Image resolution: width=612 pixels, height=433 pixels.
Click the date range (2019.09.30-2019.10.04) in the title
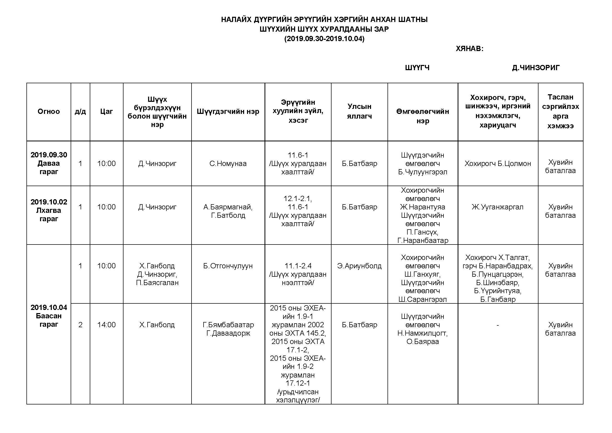pyautogui.click(x=324, y=39)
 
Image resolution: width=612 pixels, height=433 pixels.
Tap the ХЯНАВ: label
pyautogui.click(x=469, y=48)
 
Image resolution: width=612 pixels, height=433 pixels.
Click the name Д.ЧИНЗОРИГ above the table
pyautogui.click(x=536, y=68)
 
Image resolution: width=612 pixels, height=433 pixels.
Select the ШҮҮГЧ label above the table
pyautogui.click(x=417, y=68)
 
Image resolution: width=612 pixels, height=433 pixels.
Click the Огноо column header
pyautogui.click(x=48, y=112)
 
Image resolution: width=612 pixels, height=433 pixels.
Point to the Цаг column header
pyautogui.click(x=106, y=112)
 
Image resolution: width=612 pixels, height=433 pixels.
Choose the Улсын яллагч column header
pyautogui.click(x=359, y=111)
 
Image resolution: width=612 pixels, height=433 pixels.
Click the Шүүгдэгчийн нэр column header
pyautogui.click(x=228, y=112)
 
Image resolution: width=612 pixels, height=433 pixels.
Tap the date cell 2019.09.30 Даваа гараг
pyautogui.click(x=48, y=163)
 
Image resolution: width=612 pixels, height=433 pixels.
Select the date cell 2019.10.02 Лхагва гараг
pyautogui.click(x=48, y=210)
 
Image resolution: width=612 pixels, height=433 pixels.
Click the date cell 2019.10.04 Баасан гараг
pyautogui.click(x=48, y=316)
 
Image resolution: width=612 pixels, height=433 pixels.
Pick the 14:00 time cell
pyautogui.click(x=106, y=325)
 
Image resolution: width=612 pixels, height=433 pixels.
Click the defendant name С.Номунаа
pyautogui.click(x=228, y=163)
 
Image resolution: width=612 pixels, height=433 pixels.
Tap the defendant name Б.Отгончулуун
pyautogui.click(x=228, y=266)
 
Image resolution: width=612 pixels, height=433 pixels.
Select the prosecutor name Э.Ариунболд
pyautogui.click(x=359, y=266)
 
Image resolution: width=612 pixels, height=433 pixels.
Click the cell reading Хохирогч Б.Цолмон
pyautogui.click(x=498, y=163)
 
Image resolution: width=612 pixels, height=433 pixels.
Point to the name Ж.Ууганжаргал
pyautogui.click(x=498, y=207)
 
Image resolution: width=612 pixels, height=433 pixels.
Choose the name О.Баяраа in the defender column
pyautogui.click(x=423, y=342)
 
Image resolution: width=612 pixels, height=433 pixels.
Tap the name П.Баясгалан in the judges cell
pyautogui.click(x=157, y=283)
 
